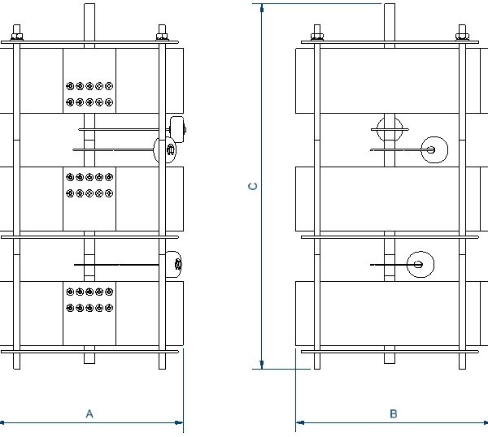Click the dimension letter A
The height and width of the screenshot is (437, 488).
coord(90,413)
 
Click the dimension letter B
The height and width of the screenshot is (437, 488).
coord(393,413)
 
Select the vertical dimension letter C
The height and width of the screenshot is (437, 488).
coord(253,186)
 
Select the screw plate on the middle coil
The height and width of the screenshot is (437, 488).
coord(89,184)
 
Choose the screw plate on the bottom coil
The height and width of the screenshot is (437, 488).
coord(89,301)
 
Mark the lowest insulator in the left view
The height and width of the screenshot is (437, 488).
coord(172,265)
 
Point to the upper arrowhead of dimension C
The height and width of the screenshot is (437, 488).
coord(261,9)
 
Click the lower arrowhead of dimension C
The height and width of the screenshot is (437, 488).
coord(261,363)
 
